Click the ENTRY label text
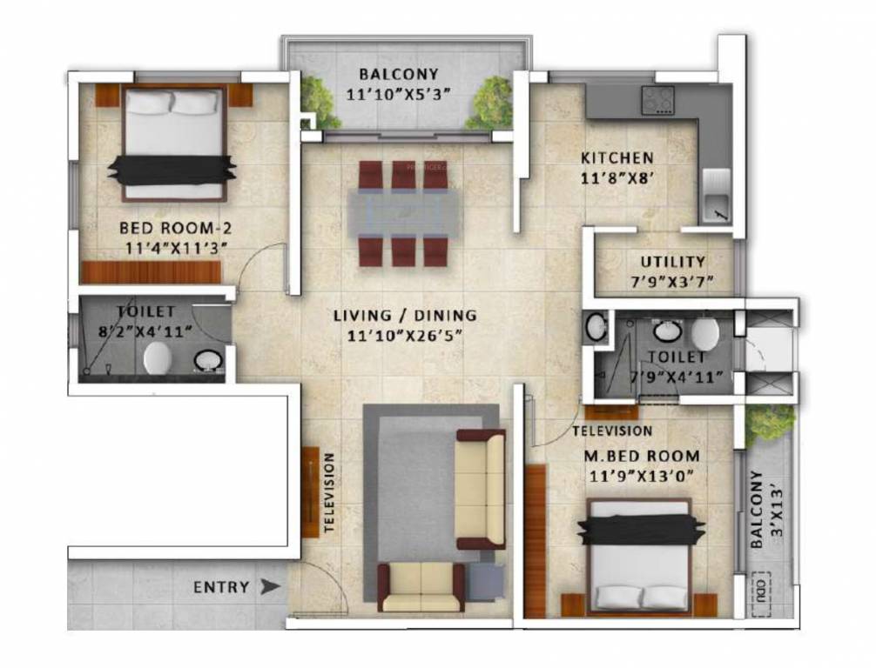221,587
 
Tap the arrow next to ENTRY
272,587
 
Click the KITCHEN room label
617,158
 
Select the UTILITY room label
673,262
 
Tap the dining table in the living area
404,213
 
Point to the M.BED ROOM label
644,456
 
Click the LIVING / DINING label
405,315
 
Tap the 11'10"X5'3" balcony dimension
404,95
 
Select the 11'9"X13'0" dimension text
644,475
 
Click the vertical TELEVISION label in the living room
330,492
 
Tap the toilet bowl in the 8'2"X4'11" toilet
158,357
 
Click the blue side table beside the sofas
485,581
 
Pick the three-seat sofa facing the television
481,489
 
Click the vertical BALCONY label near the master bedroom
757,509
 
